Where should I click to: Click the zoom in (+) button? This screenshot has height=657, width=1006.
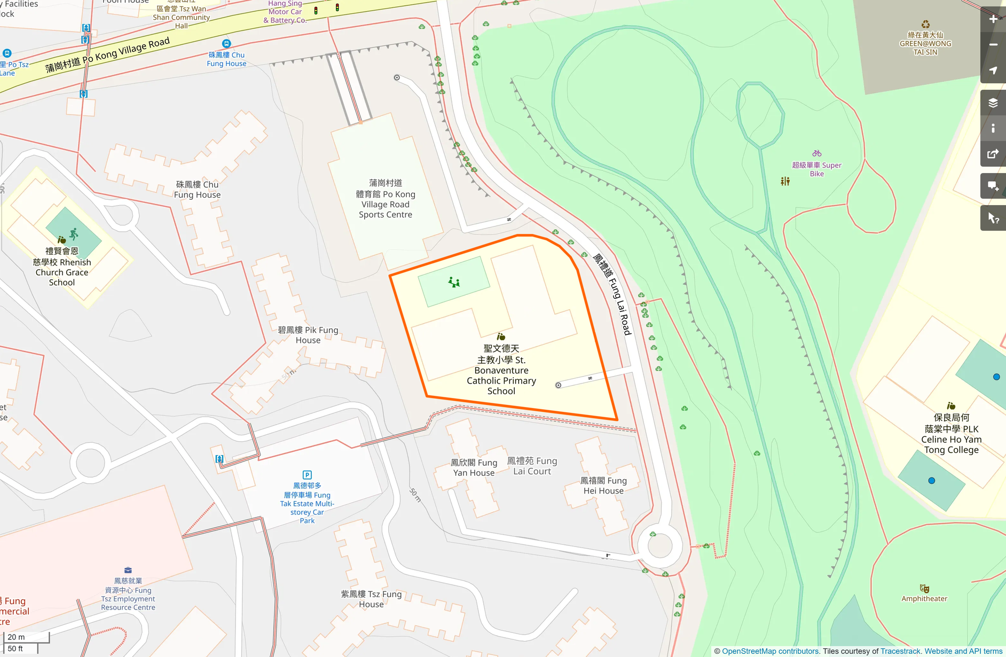[993, 19]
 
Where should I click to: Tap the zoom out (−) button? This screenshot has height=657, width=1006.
[993, 45]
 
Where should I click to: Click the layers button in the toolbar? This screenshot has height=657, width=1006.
[993, 103]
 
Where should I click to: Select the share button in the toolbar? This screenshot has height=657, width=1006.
[993, 154]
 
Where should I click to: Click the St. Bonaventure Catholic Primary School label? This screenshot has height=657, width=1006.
[501, 370]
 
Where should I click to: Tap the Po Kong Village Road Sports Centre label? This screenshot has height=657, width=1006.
[386, 199]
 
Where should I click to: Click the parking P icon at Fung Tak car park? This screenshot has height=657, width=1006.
[307, 475]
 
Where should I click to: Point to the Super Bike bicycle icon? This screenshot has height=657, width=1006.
[816, 154]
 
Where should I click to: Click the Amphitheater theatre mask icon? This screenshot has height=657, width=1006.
[924, 589]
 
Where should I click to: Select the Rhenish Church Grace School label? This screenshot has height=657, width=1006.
[62, 267]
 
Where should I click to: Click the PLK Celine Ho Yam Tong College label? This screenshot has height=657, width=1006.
[951, 434]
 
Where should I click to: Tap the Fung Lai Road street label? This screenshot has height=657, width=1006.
[613, 294]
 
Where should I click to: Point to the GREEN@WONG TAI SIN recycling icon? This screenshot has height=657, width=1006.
[925, 25]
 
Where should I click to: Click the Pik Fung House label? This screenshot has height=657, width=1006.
[308, 335]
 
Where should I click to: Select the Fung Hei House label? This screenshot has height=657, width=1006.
[603, 486]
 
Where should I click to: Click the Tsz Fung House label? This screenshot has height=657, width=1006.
[371, 599]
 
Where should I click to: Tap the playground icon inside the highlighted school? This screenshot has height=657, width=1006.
[454, 282]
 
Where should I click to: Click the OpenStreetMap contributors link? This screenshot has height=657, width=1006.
[770, 651]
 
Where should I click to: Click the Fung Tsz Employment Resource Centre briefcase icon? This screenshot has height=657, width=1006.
[128, 570]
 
